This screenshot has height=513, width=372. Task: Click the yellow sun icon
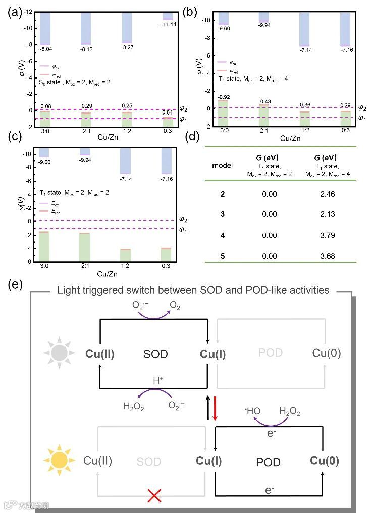coord(59,460)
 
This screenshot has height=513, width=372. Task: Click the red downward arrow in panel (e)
coord(215,409)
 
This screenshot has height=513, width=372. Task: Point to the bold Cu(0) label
coord(325,461)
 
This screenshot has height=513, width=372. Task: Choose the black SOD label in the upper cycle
coord(155,354)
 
